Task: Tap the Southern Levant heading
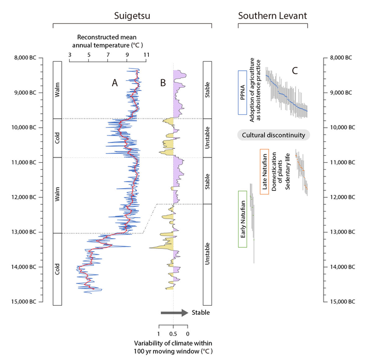pos(272,16)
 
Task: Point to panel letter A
pos(114,82)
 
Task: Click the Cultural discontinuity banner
pos(273,135)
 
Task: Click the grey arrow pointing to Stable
pos(174,313)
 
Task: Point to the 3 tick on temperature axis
pos(70,55)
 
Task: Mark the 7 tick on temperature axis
pos(108,55)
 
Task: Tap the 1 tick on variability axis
pos(159,333)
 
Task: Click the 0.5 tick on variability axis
pos(173,333)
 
